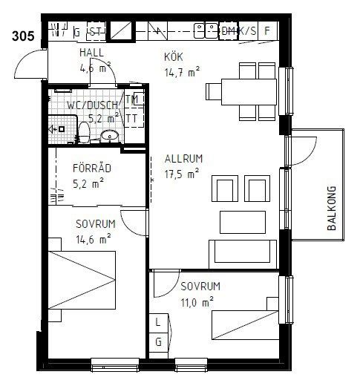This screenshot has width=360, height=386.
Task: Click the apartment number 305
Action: click(23, 36)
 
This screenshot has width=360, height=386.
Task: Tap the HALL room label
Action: click(91, 53)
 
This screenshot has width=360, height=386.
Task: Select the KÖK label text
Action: click(174, 56)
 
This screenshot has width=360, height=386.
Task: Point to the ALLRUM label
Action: click(183, 159)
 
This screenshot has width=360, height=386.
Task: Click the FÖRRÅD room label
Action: click(92, 169)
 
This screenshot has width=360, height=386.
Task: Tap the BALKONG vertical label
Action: click(332, 208)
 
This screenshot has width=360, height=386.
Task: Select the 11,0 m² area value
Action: click(197, 302)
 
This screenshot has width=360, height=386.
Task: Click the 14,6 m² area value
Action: click(94, 239)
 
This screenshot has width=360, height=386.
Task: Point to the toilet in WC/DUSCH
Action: click(84, 132)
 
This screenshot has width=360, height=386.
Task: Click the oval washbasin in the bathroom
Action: click(110, 136)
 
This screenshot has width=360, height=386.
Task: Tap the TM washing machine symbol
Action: click(134, 99)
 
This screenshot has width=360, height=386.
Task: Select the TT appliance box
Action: click(134, 118)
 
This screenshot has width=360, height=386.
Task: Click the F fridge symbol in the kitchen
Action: click(267, 30)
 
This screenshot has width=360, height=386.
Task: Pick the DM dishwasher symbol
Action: click(229, 30)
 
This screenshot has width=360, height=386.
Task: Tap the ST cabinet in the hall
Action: click(96, 31)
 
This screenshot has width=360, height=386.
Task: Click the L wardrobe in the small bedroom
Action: click(159, 323)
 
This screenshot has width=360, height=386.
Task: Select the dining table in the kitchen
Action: click(249, 92)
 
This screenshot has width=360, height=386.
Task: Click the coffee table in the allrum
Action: click(243, 222)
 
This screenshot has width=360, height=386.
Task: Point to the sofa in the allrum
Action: click(243, 254)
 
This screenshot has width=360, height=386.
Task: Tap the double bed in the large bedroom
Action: click(82, 280)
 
